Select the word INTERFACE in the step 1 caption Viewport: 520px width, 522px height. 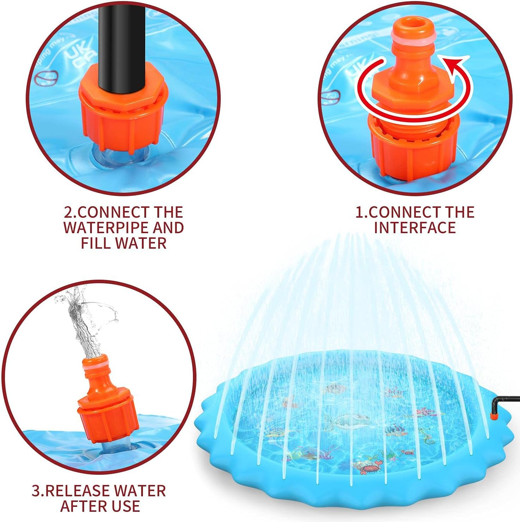pyautogui.click(x=415, y=228)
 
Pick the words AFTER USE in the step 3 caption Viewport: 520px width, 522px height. pyautogui.click(x=100, y=506)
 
